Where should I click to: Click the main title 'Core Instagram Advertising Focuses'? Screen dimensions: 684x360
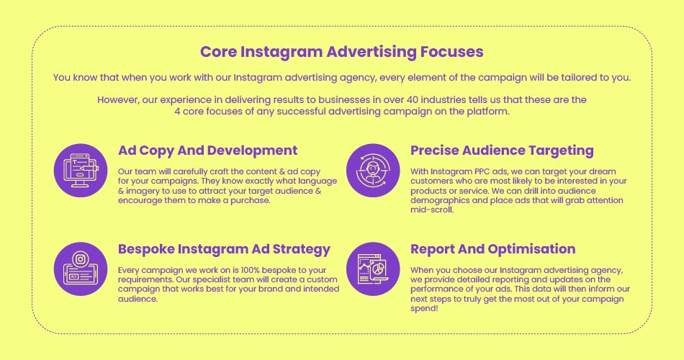(341, 52)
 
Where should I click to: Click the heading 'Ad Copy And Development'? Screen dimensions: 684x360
(207, 150)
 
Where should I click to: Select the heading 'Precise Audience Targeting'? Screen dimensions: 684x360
(502, 150)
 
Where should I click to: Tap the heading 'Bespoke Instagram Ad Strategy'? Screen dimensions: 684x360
(224, 249)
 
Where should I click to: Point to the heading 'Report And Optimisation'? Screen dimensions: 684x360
(493, 249)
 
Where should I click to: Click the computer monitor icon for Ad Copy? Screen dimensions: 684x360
(81, 170)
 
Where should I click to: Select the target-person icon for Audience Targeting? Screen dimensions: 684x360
(373, 170)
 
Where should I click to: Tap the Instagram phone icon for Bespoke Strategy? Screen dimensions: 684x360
(81, 269)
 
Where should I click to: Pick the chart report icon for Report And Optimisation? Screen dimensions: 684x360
(373, 269)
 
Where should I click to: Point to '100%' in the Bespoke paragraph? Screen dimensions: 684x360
(250, 270)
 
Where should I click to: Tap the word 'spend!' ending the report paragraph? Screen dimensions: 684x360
(424, 308)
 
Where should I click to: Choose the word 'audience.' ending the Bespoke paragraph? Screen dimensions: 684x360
(138, 299)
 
